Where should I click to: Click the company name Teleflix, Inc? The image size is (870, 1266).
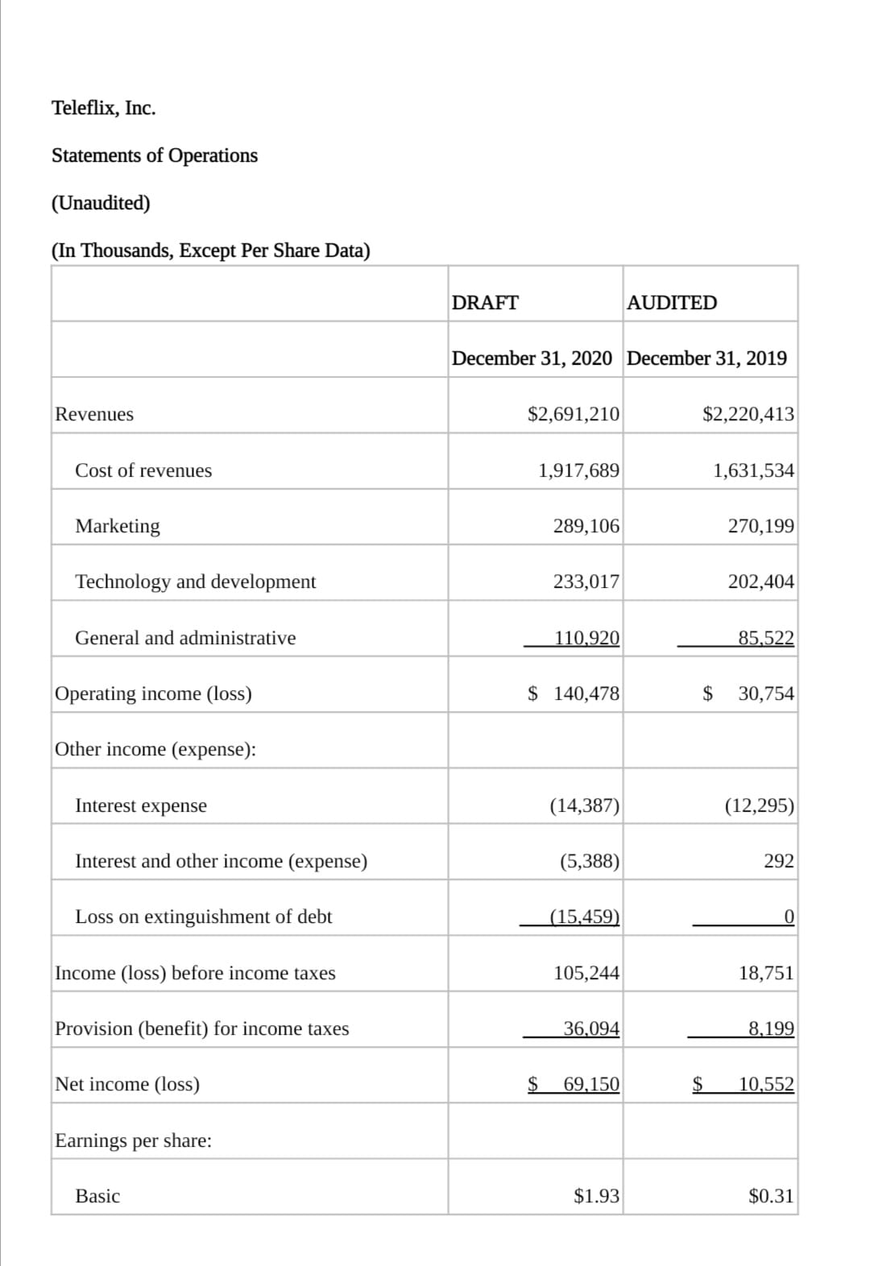tap(104, 108)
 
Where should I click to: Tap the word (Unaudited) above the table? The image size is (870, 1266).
tap(101, 203)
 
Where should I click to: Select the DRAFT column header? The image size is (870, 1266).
tap(485, 303)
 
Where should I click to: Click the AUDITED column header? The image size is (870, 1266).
tap(672, 303)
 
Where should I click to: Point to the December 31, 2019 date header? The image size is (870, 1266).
tap(706, 358)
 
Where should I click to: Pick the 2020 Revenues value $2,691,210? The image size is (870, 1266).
tap(574, 415)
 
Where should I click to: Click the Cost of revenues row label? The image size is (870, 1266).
tap(143, 470)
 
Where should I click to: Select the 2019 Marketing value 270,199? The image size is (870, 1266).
tap(760, 527)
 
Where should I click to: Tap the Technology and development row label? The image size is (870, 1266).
tap(196, 581)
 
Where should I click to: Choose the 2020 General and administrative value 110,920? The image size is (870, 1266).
tap(586, 638)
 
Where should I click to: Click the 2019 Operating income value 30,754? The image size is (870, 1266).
tap(765, 693)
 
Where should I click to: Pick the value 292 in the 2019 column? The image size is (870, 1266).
tap(778, 861)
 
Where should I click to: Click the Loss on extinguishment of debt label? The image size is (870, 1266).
tap(204, 916)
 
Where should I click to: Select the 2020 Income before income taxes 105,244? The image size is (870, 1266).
tap(586, 973)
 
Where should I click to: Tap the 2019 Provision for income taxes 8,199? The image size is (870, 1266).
tap(770, 1028)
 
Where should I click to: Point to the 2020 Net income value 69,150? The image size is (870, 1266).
tap(591, 1084)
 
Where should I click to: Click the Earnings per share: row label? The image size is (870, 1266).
tap(134, 1140)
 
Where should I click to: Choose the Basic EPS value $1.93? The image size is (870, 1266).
tap(596, 1196)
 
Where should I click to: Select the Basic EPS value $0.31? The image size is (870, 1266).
tap(771, 1196)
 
